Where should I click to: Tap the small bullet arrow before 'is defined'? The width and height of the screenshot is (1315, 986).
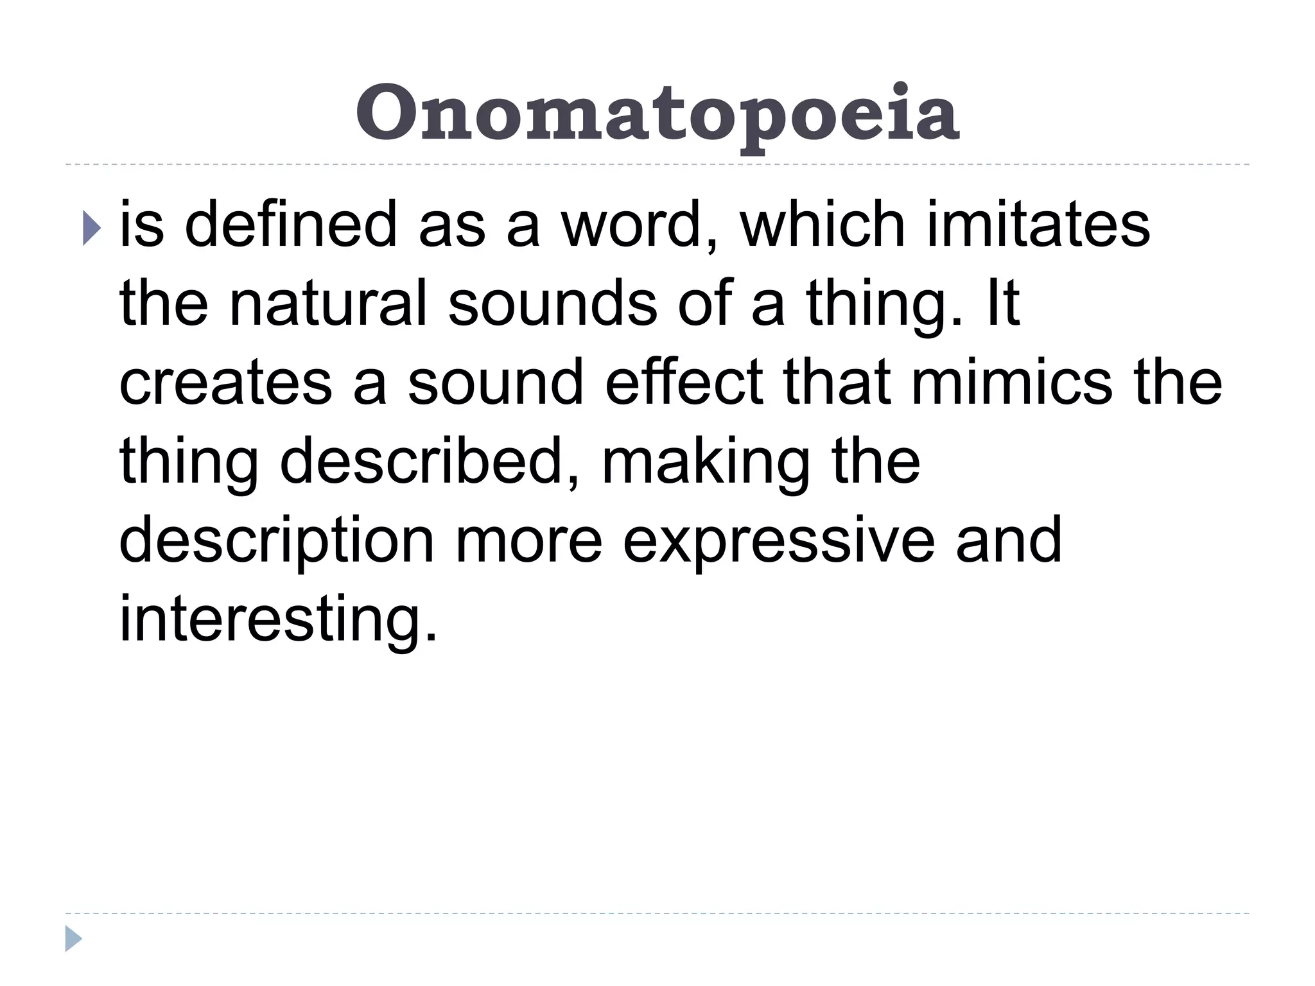click(x=92, y=229)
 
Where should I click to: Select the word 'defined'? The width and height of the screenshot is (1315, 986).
click(x=291, y=225)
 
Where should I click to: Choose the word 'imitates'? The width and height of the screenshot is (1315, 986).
click(x=1038, y=225)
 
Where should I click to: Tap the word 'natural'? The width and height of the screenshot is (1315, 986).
click(x=327, y=303)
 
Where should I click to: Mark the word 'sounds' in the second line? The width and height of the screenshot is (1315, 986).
click(x=552, y=303)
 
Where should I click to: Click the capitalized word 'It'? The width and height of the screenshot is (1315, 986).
click(x=1000, y=303)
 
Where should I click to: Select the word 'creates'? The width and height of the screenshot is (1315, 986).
click(x=225, y=383)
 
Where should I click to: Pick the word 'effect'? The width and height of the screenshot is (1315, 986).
click(x=684, y=383)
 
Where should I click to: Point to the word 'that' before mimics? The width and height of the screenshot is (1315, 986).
click(x=837, y=383)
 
